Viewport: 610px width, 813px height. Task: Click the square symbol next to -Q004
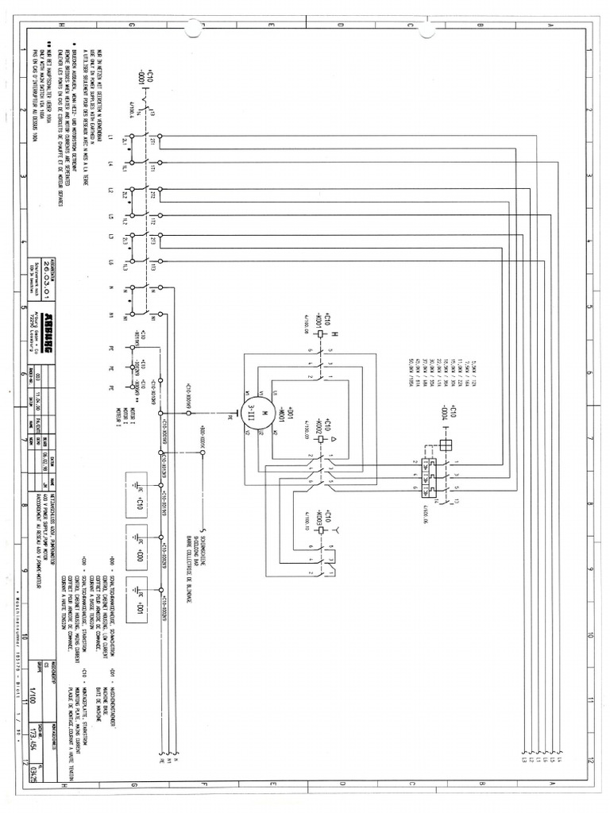click(x=445, y=445)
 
